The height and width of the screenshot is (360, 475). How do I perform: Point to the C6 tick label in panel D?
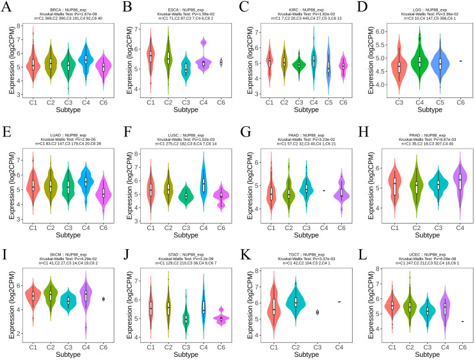(461, 101)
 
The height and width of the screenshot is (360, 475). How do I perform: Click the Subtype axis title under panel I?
(61, 355)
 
